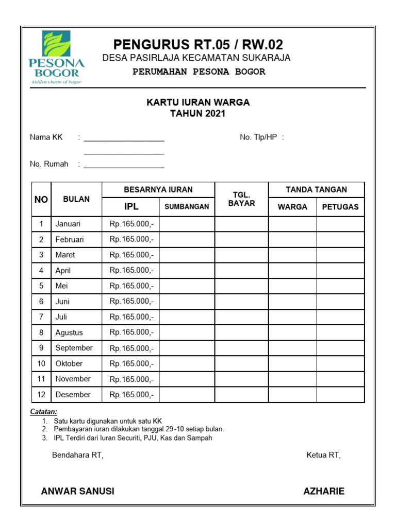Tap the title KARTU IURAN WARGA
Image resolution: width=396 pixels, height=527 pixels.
[x=198, y=102]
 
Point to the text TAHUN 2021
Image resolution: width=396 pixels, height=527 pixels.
[x=198, y=114]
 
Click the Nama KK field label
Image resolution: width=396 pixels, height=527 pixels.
[x=46, y=137]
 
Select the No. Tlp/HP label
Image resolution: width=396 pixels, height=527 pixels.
[x=258, y=137]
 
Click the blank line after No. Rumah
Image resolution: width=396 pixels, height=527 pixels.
[x=124, y=166]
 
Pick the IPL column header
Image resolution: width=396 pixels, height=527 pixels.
[x=131, y=207]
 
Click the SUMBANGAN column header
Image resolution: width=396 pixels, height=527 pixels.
[x=187, y=207]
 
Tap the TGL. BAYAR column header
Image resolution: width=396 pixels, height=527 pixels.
[x=241, y=199]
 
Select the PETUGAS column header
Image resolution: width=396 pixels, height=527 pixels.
[x=340, y=207]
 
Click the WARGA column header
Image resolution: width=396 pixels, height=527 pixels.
[x=292, y=207]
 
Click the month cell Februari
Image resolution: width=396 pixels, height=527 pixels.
[x=70, y=239]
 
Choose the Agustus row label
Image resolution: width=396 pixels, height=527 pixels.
[x=69, y=332]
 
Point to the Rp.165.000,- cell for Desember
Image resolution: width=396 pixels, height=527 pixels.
[x=131, y=395]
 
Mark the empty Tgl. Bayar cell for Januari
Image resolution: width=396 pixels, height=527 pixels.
[x=241, y=224]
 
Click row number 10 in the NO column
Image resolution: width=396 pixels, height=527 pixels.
[x=41, y=363]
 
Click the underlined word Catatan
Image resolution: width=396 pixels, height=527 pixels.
[x=43, y=412]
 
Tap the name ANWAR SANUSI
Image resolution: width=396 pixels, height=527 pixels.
[x=78, y=491]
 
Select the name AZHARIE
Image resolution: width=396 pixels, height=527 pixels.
[x=324, y=491]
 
